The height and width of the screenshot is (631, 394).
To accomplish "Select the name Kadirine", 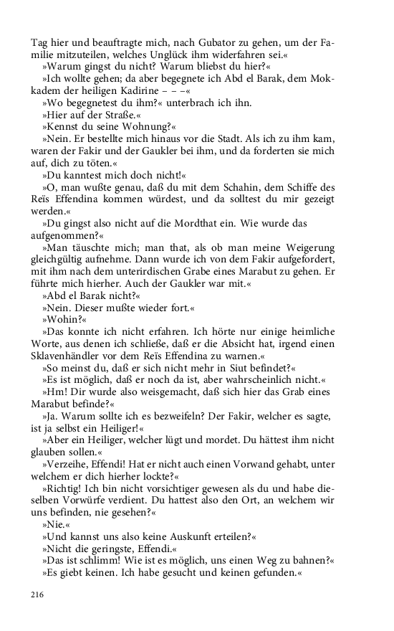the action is click(x=150, y=90).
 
